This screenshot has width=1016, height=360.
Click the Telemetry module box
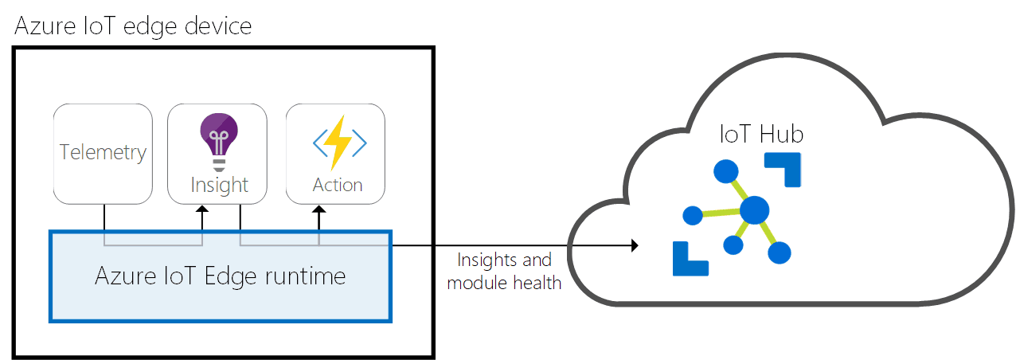(x=103, y=152)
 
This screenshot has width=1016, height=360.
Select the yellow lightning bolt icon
(x=338, y=143)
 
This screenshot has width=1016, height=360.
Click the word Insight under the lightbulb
(x=219, y=186)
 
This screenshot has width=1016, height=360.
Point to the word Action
(x=338, y=185)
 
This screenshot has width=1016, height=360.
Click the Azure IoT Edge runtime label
(x=220, y=276)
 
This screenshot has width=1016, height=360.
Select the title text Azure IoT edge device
(x=133, y=25)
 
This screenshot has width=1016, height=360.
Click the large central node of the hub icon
(x=753, y=211)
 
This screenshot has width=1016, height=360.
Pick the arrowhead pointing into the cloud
(x=635, y=245)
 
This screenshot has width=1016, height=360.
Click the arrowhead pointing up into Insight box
(x=202, y=210)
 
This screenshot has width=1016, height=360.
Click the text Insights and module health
(x=504, y=271)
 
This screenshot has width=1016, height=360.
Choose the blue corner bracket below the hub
(x=690, y=259)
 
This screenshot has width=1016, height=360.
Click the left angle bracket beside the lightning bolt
(x=319, y=143)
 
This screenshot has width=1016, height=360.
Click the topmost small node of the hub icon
(x=725, y=170)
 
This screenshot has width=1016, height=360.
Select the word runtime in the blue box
(x=307, y=277)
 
